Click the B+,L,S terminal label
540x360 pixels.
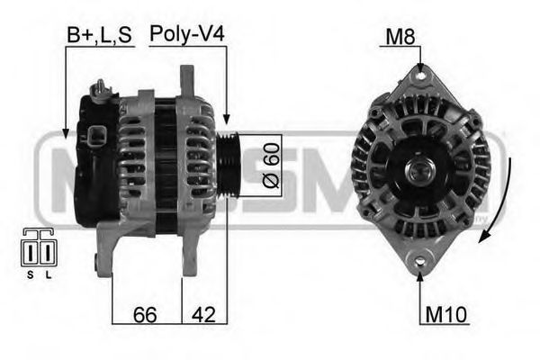[x=99, y=35]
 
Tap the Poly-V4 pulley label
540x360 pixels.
[x=187, y=35]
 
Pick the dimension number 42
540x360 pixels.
[x=204, y=315]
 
